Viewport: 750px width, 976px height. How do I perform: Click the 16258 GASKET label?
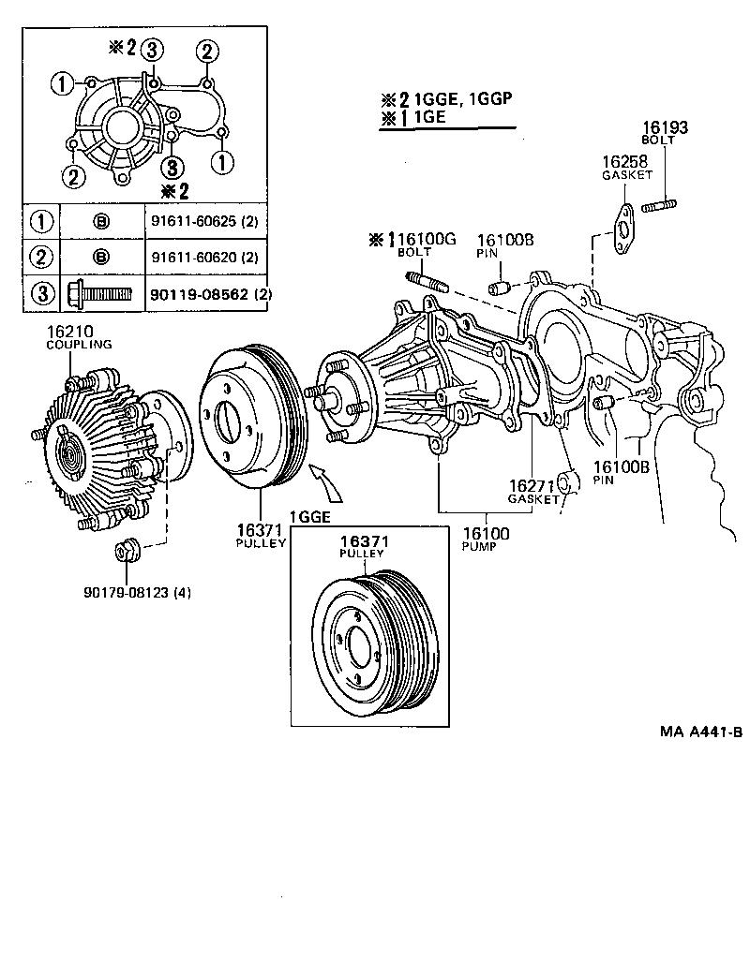(624, 168)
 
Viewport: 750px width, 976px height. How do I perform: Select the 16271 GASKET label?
(532, 492)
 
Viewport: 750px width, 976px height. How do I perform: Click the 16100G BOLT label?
(423, 245)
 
